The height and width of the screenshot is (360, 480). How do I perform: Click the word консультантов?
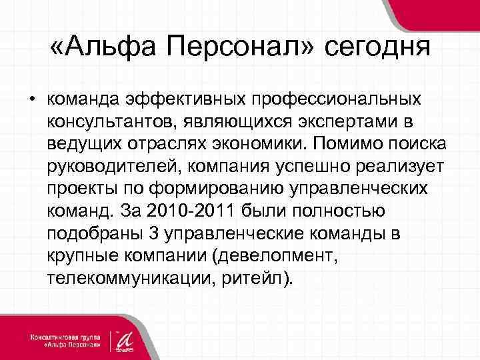(115, 123)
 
